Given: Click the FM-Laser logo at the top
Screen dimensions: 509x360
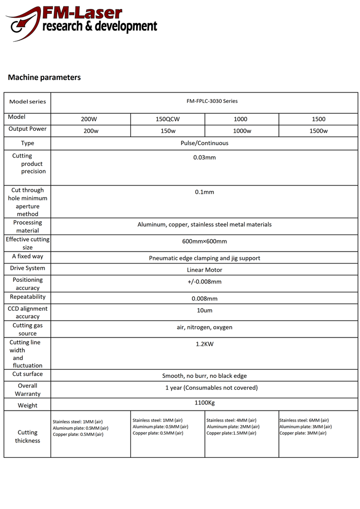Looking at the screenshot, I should (x=82, y=20).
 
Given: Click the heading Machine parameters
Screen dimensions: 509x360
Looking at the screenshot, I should (x=44, y=78).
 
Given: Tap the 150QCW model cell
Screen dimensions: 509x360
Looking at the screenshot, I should (x=168, y=119).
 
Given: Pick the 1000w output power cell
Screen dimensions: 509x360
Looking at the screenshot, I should (x=242, y=131).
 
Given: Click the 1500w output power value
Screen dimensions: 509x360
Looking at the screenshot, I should (x=318, y=131).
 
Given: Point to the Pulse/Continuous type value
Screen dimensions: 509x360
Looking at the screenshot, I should (x=204, y=143).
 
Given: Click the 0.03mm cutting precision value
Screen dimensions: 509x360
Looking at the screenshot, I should (x=204, y=158).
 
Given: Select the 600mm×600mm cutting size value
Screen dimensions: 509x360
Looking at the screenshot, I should (x=204, y=242).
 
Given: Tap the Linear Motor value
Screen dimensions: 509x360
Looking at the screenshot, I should (x=204, y=270).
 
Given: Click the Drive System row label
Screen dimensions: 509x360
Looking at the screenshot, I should (x=27, y=268).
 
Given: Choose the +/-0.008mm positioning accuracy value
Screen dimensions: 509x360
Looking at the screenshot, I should (x=204, y=282).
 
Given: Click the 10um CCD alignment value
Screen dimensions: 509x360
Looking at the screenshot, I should (x=204, y=311).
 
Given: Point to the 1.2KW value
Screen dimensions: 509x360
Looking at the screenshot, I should (x=204, y=344).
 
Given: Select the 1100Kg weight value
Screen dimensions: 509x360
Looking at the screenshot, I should (x=204, y=403).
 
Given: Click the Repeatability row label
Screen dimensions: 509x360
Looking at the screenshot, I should (x=27, y=297).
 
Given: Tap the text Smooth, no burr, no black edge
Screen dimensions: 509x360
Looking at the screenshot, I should (x=204, y=376).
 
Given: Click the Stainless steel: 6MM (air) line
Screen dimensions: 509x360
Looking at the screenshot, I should (x=304, y=421).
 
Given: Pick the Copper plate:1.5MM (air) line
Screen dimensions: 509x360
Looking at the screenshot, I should (x=231, y=433).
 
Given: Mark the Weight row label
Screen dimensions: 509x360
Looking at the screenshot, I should (x=27, y=406).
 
